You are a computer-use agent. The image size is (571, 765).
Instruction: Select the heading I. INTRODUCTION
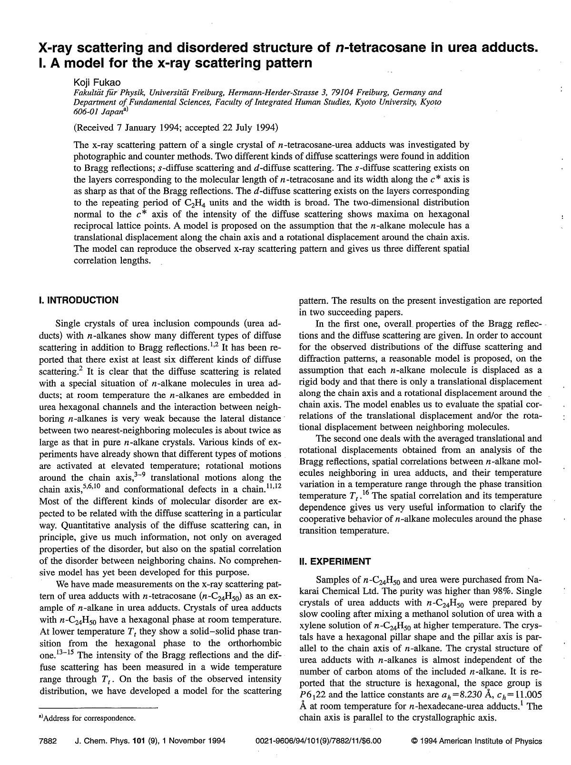pyautogui.click(x=79, y=300)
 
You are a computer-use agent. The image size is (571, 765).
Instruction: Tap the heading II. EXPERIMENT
pyautogui.click(x=335, y=561)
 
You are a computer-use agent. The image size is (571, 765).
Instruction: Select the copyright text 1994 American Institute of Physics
pyautogui.click(x=481, y=741)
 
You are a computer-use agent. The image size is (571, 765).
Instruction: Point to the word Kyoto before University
pyautogui.click(x=368, y=102)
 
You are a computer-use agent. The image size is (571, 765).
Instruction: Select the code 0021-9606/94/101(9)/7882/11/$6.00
pyautogui.click(x=318, y=741)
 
